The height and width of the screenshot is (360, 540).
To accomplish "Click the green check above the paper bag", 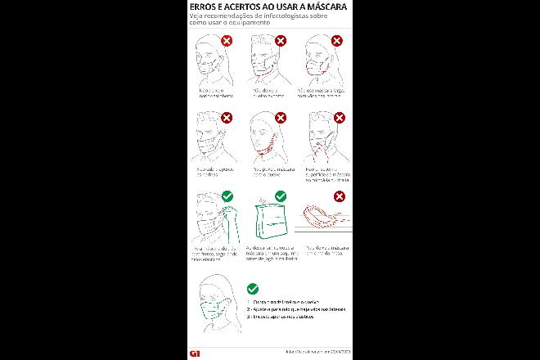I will [x=280, y=196].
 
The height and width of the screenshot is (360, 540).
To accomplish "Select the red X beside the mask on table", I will [x=339, y=196].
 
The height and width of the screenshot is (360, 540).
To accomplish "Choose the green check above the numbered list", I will [x=253, y=289].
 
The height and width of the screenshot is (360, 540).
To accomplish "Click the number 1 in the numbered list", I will [x=249, y=301].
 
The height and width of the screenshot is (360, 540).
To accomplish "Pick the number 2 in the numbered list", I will [x=249, y=308].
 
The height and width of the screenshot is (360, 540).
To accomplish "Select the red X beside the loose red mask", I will [x=339, y=40].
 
